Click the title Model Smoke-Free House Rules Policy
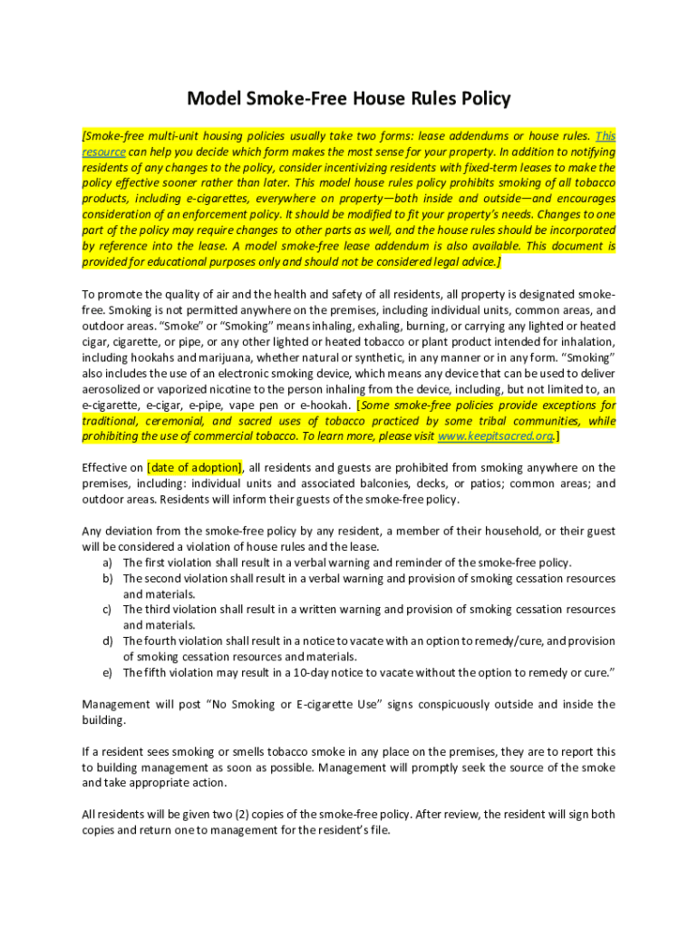click(349, 98)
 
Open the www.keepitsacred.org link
click(494, 436)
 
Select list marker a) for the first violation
click(107, 562)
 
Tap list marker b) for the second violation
click(107, 578)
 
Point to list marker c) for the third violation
click(107, 610)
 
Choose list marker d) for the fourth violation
click(107, 641)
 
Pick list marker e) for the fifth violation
click(107, 672)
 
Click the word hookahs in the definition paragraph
click(158, 357)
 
